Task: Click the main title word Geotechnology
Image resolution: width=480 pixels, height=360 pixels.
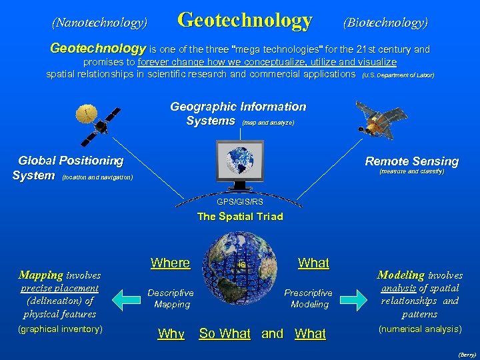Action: [245, 21]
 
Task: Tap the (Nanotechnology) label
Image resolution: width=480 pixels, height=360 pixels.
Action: [99, 23]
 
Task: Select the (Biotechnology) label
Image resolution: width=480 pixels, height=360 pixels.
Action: [385, 23]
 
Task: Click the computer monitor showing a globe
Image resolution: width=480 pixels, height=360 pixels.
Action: [239, 163]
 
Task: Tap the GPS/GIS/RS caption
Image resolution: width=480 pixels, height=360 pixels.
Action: [239, 201]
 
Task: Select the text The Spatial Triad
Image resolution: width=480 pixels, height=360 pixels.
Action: [240, 216]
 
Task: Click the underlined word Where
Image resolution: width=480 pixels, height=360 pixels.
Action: [170, 263]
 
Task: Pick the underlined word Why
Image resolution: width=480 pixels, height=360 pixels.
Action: [171, 333]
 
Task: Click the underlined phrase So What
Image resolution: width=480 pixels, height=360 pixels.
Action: [225, 333]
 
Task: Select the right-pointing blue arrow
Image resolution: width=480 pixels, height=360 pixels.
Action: [355, 298]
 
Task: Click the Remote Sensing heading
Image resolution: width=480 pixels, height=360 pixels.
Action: [411, 161]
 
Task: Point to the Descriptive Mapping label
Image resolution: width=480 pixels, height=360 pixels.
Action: [171, 298]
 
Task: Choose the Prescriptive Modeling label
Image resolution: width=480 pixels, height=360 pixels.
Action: [309, 298]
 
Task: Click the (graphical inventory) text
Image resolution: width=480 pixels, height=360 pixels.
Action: [60, 329]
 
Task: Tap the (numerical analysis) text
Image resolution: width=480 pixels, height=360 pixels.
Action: [419, 329]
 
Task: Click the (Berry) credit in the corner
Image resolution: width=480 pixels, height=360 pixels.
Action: [467, 355]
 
